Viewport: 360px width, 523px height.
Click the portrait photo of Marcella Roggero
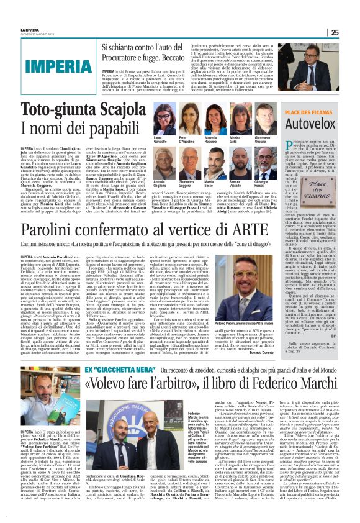211,118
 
